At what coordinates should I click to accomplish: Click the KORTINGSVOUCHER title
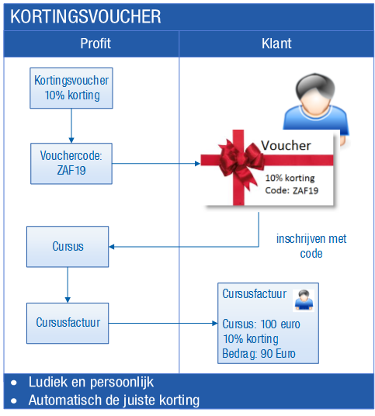tap(85, 16)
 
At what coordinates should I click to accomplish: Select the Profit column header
tap(95, 43)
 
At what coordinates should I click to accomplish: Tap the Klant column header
tap(276, 43)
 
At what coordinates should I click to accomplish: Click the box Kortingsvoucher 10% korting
tap(71, 88)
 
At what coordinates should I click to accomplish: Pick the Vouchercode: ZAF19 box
tap(71, 164)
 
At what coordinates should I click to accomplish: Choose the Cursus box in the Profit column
tap(68, 247)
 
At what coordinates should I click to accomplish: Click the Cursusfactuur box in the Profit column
tap(68, 324)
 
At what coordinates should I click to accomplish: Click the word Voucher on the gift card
tap(286, 145)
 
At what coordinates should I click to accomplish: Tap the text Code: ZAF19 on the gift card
tap(292, 190)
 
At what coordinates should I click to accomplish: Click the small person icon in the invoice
tap(304, 300)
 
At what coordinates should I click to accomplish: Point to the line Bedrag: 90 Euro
tap(259, 354)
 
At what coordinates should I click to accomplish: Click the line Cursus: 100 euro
tap(261, 324)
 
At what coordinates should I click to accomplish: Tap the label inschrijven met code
tap(311, 246)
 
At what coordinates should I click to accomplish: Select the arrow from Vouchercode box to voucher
tap(156, 164)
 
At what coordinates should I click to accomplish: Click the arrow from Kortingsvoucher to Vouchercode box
tap(71, 126)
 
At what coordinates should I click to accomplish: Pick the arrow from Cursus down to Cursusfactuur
tap(68, 285)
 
